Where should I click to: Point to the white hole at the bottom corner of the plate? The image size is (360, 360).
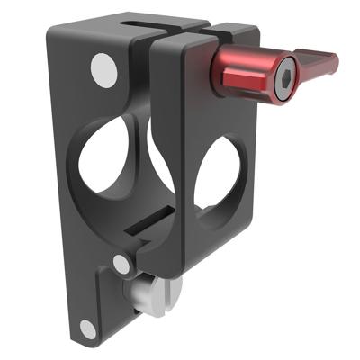coord(87,329)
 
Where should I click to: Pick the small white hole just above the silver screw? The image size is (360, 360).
coord(121,264)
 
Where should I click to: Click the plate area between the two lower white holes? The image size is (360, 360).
coord(103,297)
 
